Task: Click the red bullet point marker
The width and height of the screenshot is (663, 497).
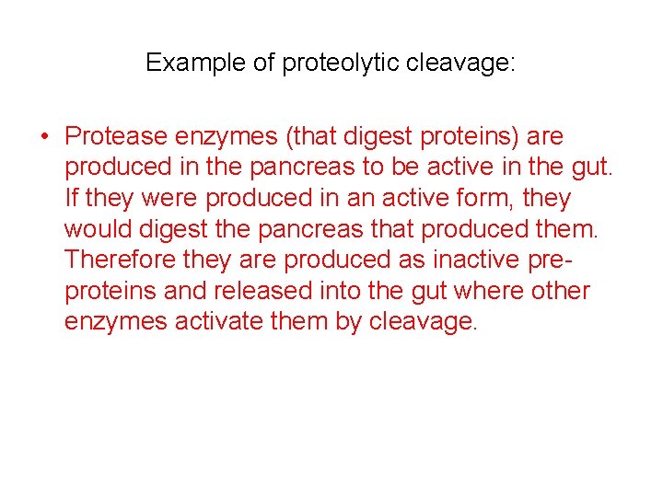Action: [44, 137]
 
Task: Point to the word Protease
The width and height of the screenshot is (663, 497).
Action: [117, 137]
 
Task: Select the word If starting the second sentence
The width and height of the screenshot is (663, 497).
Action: [72, 199]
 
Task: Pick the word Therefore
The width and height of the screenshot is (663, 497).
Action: [121, 260]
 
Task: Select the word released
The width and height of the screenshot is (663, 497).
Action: [259, 292]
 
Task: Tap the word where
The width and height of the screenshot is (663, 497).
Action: [484, 292]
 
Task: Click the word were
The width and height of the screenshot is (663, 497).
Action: [171, 199]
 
